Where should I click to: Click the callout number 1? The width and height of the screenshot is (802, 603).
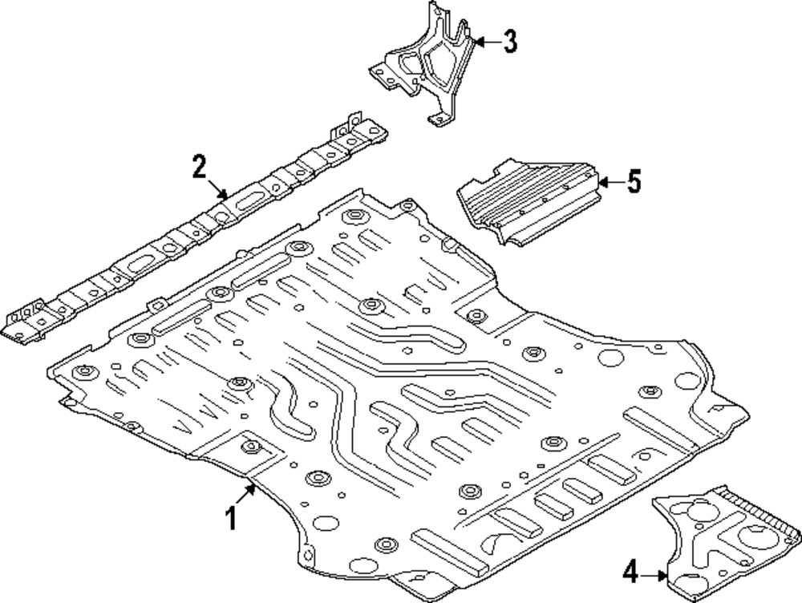[230, 519]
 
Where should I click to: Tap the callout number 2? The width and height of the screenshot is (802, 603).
[199, 168]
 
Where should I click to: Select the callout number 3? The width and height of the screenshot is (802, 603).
[509, 41]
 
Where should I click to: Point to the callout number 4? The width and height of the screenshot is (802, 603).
[631, 573]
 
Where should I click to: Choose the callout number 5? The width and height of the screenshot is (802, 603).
[634, 182]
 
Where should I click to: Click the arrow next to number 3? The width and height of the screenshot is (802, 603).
[483, 40]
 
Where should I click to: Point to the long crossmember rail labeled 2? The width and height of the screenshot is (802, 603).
[192, 233]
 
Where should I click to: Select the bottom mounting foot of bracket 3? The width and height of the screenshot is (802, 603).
[438, 119]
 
